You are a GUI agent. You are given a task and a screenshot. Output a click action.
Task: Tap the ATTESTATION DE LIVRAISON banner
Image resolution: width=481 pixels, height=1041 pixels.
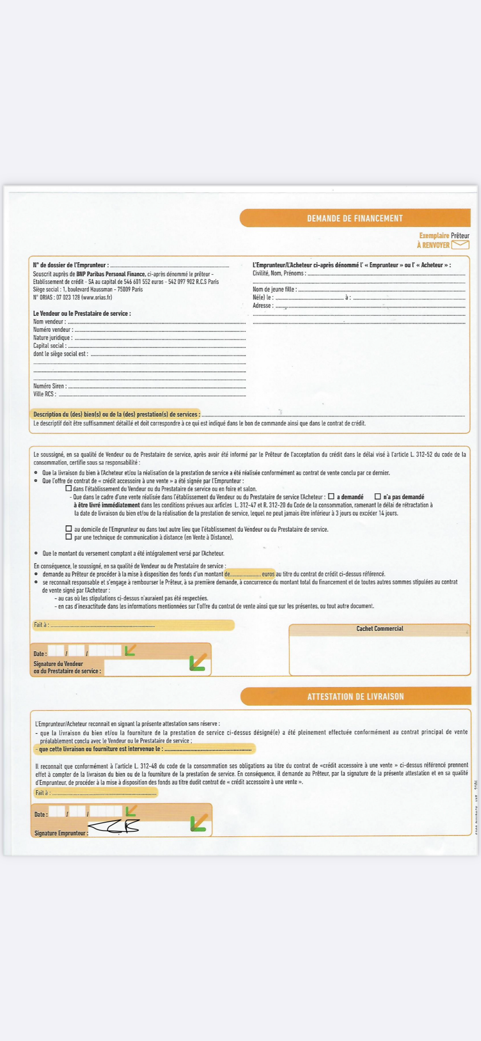tap(355, 696)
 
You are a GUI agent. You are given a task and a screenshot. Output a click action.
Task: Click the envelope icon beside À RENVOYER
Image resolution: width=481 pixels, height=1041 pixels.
tap(460, 244)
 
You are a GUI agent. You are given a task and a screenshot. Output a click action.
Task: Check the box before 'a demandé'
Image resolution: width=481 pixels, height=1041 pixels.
tap(331, 496)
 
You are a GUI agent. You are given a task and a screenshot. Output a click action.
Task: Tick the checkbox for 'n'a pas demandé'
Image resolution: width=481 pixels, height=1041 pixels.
tap(378, 496)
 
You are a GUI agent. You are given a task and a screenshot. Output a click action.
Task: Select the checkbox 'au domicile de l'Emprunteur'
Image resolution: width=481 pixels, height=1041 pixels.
tap(69, 529)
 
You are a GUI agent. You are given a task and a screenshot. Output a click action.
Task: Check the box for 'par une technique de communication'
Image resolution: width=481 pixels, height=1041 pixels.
tap(69, 537)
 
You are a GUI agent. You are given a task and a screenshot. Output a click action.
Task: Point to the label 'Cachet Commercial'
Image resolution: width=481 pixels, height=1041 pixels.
tap(380, 628)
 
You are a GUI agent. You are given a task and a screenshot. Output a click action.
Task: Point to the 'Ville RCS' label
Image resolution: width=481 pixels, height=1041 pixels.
tap(44, 394)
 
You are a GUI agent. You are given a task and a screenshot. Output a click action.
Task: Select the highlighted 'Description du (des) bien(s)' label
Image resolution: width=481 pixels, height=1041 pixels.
tap(116, 414)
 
